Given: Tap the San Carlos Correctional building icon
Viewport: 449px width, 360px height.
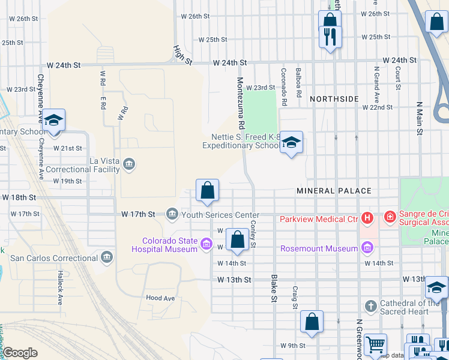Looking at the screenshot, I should point(107,258).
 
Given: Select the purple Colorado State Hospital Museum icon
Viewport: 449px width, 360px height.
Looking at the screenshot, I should point(206,243).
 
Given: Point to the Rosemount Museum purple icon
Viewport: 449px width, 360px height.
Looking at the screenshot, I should point(367,248).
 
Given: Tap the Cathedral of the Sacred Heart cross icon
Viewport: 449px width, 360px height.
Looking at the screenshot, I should point(370,306).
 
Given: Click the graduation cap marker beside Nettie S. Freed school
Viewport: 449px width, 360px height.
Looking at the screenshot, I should point(292,143).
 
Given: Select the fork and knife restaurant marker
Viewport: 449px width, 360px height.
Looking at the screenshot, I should point(330,37).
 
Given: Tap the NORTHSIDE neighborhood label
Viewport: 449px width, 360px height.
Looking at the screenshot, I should point(334,98).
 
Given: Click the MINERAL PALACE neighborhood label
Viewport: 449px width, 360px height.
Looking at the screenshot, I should point(334,191).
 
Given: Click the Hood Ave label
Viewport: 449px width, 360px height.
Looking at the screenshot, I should point(160,298).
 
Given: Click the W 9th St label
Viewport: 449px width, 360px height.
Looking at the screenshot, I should point(293,346).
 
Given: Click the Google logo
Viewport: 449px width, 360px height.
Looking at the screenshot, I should point(20,353).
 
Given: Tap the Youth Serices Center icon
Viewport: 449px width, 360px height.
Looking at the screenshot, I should point(172,214).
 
